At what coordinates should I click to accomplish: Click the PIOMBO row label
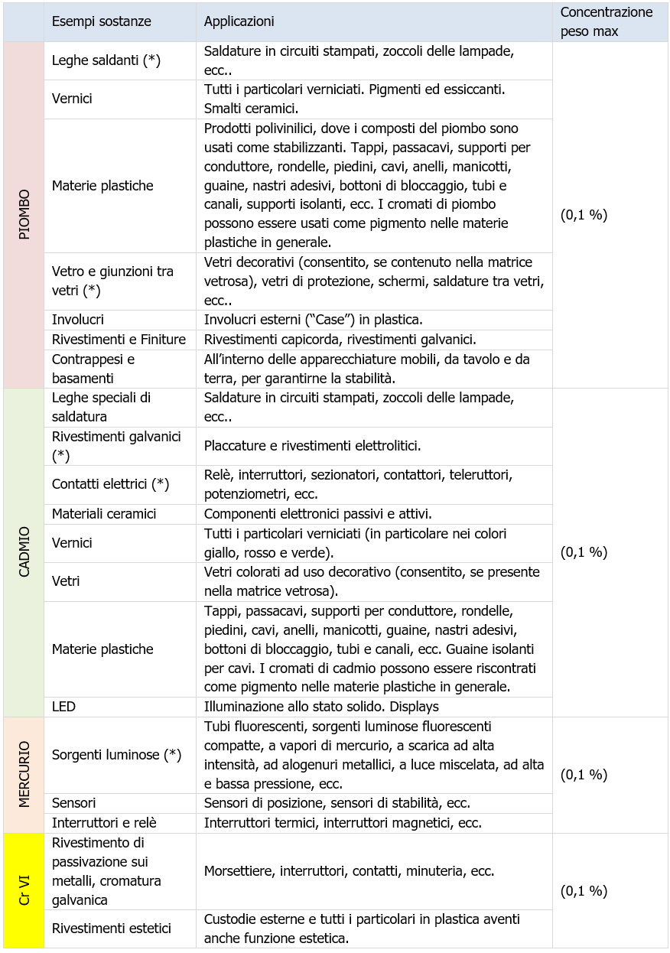coord(24,215)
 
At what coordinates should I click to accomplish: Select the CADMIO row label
coord(24,551)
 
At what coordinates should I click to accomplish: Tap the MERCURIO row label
coord(24,774)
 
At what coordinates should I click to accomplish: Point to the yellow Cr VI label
coord(24,890)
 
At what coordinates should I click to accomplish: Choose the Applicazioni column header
coord(239,21)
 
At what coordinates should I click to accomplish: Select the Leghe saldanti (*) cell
coord(106,60)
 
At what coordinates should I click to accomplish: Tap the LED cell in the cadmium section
coord(64,707)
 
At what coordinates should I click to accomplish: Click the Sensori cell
coord(74,802)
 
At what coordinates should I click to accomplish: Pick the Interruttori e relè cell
coord(104,822)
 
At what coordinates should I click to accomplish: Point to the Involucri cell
coord(78,319)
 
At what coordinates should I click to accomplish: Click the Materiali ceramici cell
coord(104,514)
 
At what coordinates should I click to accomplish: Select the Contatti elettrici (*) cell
coord(111,484)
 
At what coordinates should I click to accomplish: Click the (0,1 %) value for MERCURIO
coord(584,774)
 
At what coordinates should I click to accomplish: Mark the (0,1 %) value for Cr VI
coord(584,890)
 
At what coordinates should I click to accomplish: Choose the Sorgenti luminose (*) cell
coord(117,755)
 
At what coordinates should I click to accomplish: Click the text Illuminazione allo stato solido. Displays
coord(321,707)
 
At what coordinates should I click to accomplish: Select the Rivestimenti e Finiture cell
coord(119,339)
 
